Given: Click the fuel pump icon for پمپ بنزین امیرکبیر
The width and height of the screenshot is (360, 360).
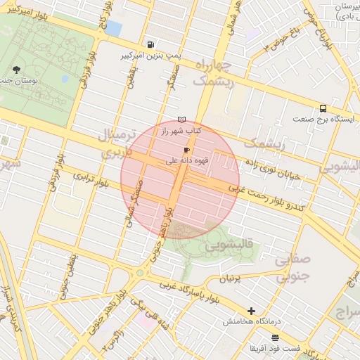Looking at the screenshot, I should click(152, 43).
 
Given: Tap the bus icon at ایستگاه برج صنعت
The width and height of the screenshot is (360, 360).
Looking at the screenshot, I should click(323, 108).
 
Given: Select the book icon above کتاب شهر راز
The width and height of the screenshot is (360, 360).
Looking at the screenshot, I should click(182, 120).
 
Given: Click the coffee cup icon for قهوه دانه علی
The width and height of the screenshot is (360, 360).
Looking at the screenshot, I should click(186, 150).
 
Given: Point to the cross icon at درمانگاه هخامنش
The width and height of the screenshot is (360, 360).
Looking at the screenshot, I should click(251, 310).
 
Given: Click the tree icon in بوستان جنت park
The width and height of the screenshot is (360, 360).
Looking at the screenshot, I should click(16, 70).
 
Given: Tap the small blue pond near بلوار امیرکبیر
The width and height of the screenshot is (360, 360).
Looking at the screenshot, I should click(113, 28).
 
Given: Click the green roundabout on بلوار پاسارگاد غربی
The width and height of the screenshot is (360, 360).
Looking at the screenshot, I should click(140, 272).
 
